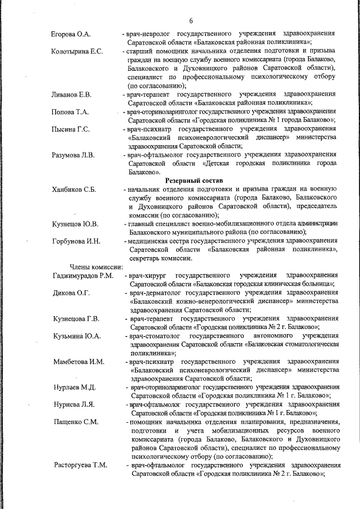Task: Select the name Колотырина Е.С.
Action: [x=77, y=52]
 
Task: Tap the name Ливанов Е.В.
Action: [x=71, y=94]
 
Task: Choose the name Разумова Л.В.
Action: [x=73, y=155]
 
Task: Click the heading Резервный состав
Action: [x=193, y=181]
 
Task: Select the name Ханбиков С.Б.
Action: [x=74, y=189]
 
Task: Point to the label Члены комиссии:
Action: [x=92, y=267]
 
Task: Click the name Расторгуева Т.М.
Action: [x=80, y=465]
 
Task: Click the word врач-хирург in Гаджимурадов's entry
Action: [x=147, y=276]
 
